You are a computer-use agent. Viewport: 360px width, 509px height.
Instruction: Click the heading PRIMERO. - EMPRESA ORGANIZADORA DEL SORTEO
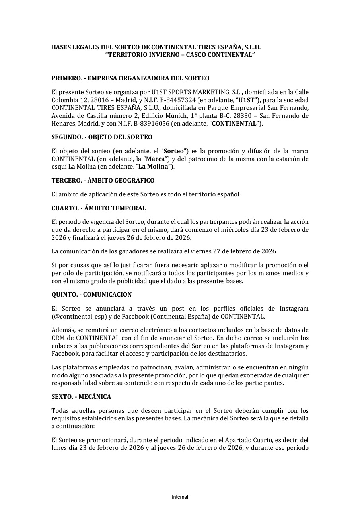130,78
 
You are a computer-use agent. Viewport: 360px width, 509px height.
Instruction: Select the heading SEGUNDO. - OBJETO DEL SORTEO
102,137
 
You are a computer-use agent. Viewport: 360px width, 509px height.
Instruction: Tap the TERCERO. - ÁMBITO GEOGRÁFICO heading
103,180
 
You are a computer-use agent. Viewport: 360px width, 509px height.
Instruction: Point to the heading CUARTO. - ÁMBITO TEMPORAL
99,208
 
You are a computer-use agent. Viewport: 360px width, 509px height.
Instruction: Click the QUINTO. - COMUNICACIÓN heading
91,295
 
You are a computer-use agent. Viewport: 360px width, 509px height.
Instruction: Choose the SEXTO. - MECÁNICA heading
81,397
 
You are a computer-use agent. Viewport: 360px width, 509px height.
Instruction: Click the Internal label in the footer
180,497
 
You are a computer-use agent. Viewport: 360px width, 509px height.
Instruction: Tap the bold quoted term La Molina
156,167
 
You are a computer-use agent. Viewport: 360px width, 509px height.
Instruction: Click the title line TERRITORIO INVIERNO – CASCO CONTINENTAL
180,54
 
